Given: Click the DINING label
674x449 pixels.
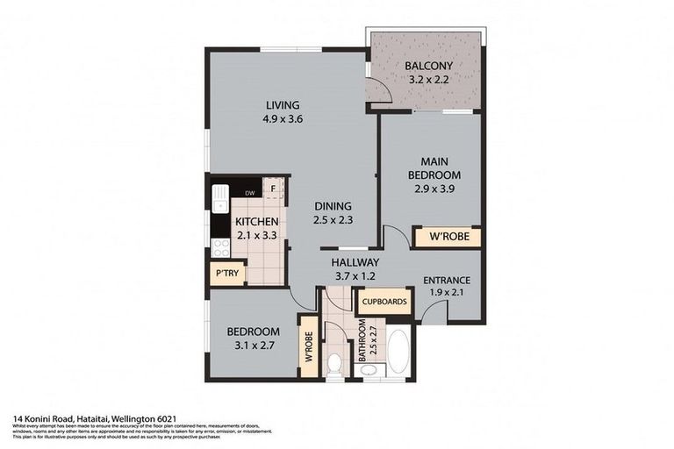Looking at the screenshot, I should [x=333, y=207].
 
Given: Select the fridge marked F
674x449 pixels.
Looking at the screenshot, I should [x=275, y=188].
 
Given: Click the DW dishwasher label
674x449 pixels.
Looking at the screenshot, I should [x=250, y=193].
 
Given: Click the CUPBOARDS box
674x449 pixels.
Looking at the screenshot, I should [x=384, y=302].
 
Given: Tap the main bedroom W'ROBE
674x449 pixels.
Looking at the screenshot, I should [x=447, y=238].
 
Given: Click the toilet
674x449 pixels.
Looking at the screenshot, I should [x=335, y=363].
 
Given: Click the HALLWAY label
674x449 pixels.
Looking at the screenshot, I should [x=355, y=262].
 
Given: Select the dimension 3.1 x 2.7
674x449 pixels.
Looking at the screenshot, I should [x=253, y=346].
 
